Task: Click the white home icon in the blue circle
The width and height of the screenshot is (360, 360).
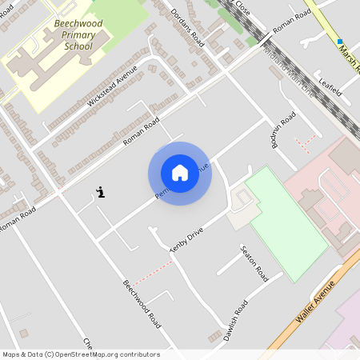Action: coord(180,173)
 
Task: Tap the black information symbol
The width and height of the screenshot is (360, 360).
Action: coord(101,192)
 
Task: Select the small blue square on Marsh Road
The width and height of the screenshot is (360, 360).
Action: coord(340,42)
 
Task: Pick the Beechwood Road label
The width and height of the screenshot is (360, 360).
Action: coord(142,304)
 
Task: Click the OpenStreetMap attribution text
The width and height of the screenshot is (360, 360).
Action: coord(80,354)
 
